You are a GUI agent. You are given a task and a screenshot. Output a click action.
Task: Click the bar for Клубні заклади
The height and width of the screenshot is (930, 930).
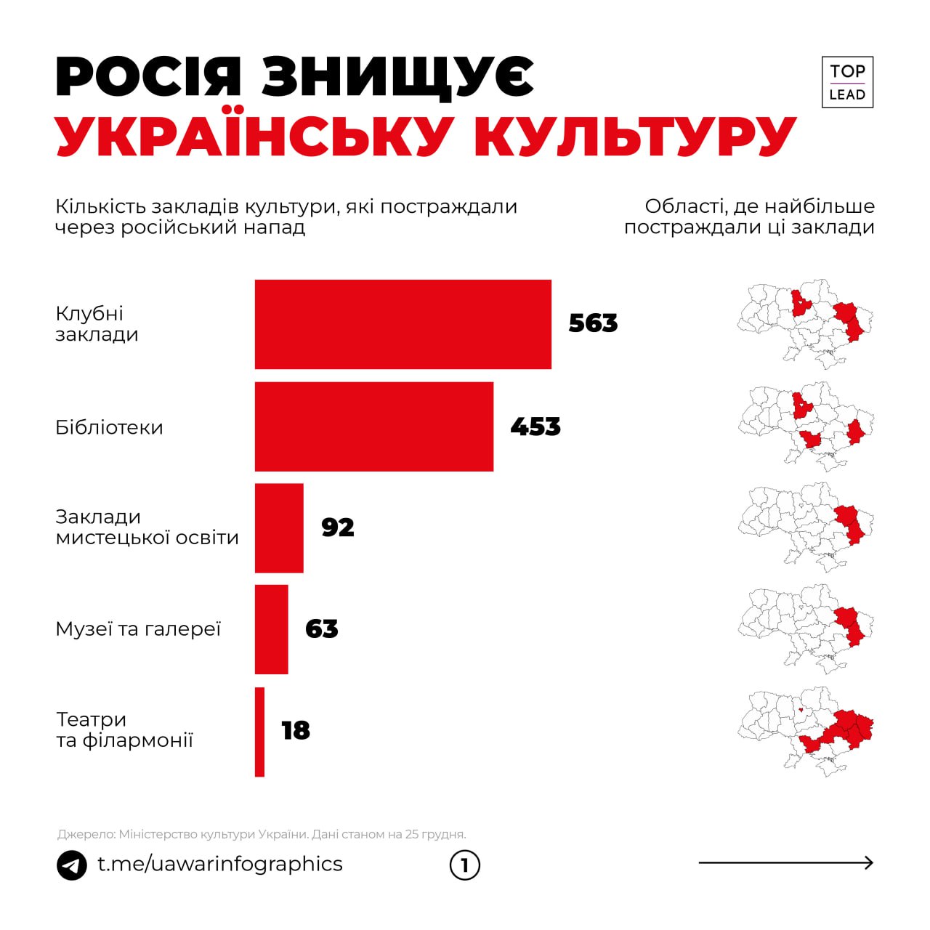(403, 324)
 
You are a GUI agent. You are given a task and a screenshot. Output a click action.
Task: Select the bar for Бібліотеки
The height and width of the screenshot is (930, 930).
(373, 426)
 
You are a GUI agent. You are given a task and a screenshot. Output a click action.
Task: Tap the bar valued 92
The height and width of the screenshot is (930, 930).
(279, 528)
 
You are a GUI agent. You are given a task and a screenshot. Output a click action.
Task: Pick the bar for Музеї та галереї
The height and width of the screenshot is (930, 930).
(271, 630)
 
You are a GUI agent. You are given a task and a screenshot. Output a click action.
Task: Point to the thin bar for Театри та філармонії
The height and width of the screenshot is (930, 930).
(259, 732)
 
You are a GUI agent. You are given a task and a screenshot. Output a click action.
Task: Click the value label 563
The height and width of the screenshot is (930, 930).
(593, 323)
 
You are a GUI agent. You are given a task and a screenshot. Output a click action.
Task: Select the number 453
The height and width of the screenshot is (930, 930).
(535, 426)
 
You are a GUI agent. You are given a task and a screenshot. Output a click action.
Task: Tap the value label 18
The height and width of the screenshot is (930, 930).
(296, 730)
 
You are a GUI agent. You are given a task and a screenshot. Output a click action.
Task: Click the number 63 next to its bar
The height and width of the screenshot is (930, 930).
(322, 628)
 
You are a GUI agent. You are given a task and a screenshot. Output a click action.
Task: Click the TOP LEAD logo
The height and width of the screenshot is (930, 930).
(847, 82)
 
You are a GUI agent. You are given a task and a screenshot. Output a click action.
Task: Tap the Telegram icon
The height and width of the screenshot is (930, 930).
(72, 865)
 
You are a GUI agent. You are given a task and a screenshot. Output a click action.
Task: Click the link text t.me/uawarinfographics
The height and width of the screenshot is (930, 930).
(220, 864)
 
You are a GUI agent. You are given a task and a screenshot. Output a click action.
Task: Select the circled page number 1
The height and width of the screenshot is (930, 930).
(465, 865)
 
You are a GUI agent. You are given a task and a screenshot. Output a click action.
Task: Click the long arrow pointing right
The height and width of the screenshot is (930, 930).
(785, 863)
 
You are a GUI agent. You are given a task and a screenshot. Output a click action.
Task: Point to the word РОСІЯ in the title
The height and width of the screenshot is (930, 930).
(148, 77)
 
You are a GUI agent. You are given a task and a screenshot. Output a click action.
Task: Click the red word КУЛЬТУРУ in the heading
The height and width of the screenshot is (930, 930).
(636, 136)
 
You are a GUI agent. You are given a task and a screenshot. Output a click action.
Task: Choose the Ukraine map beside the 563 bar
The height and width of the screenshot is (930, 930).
(805, 323)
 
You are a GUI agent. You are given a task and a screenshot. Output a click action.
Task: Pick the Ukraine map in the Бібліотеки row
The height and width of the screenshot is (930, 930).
(805, 426)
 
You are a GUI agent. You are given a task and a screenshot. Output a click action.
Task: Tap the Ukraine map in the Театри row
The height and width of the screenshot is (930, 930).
(805, 732)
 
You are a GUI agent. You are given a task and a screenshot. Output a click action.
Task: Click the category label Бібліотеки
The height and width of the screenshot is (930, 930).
(109, 427)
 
